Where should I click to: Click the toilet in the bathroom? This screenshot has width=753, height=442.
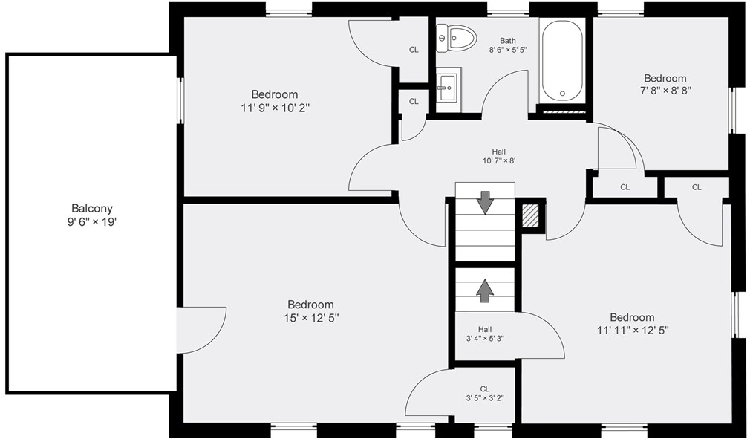pyautogui.click(x=456, y=38)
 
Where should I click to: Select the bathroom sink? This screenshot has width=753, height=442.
pyautogui.click(x=449, y=88)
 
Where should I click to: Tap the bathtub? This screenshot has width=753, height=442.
pyautogui.click(x=562, y=60)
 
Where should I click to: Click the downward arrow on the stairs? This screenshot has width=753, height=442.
pyautogui.click(x=485, y=202)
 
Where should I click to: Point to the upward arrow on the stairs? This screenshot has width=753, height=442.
pyautogui.click(x=485, y=290)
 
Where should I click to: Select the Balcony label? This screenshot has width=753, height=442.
pyautogui.click(x=92, y=209)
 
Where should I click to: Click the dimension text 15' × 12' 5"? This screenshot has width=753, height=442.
pyautogui.click(x=311, y=318)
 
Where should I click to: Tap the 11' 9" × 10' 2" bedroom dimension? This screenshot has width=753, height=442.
pyautogui.click(x=275, y=108)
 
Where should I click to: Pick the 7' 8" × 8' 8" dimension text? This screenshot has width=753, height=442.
pyautogui.click(x=665, y=91)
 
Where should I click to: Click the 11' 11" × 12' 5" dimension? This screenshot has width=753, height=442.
pyautogui.click(x=633, y=331)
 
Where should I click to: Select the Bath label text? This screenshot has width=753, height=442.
pyautogui.click(x=508, y=41)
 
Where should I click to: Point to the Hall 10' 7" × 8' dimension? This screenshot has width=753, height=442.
pyautogui.click(x=499, y=161)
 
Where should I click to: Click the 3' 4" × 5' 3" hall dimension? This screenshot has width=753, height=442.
pyautogui.click(x=485, y=338)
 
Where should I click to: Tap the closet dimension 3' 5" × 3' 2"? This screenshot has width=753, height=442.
pyautogui.click(x=485, y=398)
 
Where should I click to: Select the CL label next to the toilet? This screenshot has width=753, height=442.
pyautogui.click(x=414, y=50)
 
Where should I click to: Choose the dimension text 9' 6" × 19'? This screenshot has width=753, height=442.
pyautogui.click(x=92, y=222)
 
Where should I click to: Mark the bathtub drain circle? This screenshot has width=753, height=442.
pyautogui.click(x=562, y=93)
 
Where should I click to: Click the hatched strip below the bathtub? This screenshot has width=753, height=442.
pyautogui.click(x=562, y=110)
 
